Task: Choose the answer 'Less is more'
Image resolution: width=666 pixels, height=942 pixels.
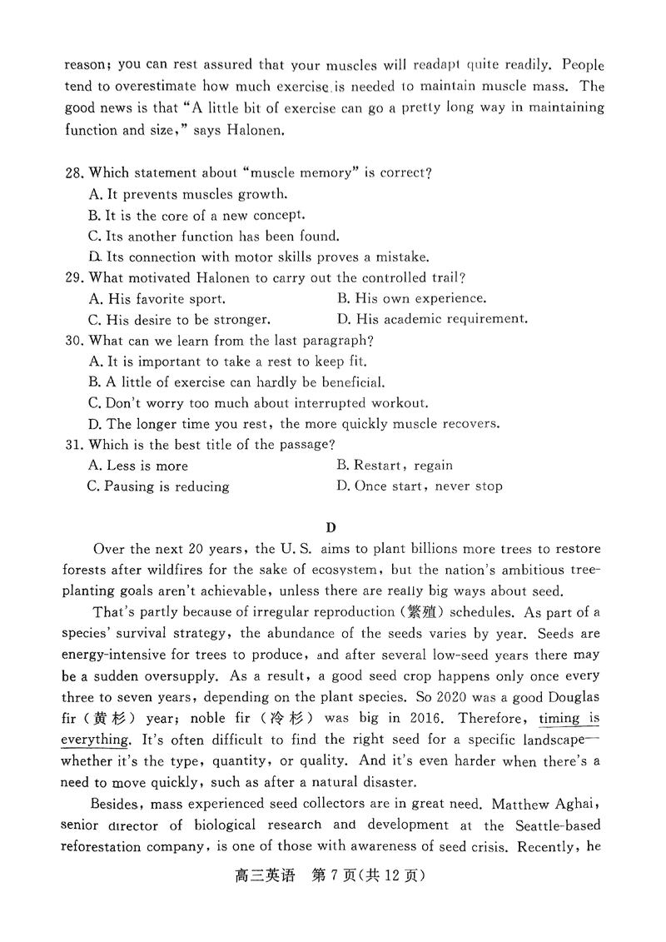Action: click(137, 466)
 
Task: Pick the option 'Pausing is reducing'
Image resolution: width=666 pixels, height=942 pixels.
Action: click(157, 486)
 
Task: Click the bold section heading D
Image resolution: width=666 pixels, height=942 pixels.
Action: click(331, 526)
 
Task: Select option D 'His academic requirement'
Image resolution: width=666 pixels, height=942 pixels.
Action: click(432, 319)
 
